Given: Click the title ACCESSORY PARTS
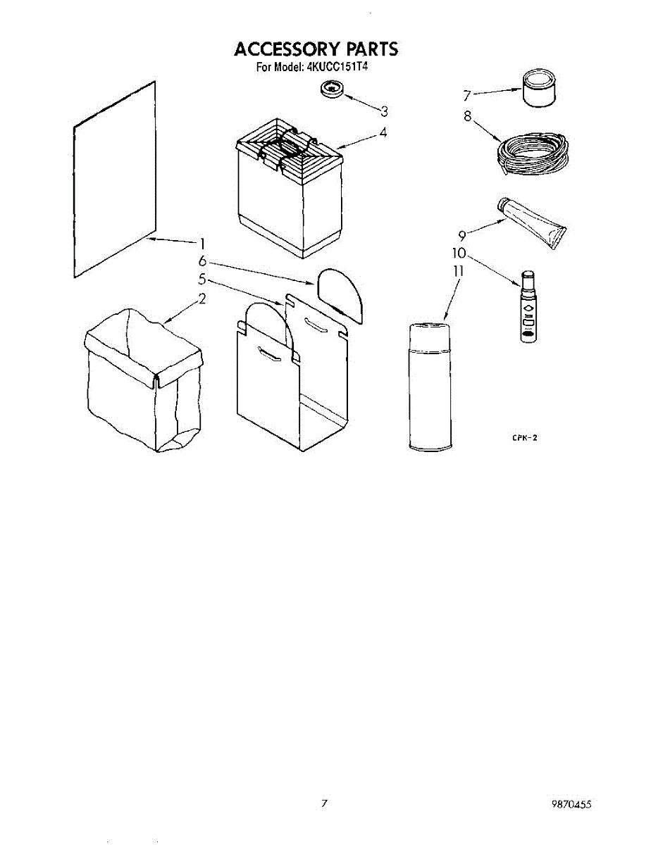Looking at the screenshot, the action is (x=316, y=49).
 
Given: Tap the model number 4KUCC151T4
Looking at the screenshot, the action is (x=339, y=68).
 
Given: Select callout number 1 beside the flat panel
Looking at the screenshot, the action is (x=201, y=244).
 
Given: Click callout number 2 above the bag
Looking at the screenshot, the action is (x=201, y=299).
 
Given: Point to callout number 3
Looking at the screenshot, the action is (x=384, y=111).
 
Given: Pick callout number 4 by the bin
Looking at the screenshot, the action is (x=383, y=132).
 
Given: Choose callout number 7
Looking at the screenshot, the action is (x=466, y=95).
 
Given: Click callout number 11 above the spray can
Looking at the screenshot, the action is (x=458, y=270).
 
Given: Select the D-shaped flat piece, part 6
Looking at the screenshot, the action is (x=341, y=293).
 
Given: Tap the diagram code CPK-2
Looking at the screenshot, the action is (x=524, y=438).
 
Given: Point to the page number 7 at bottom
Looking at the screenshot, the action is (x=324, y=803).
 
